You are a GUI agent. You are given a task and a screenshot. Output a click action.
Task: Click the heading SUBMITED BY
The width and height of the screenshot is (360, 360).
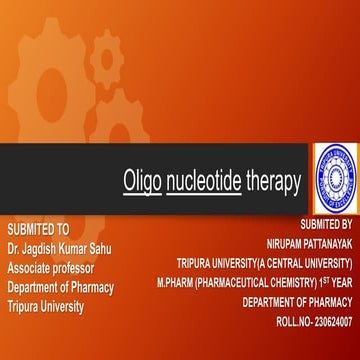click(320, 227)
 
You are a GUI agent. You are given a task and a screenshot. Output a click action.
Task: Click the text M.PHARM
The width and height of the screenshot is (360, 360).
click(176, 284)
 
